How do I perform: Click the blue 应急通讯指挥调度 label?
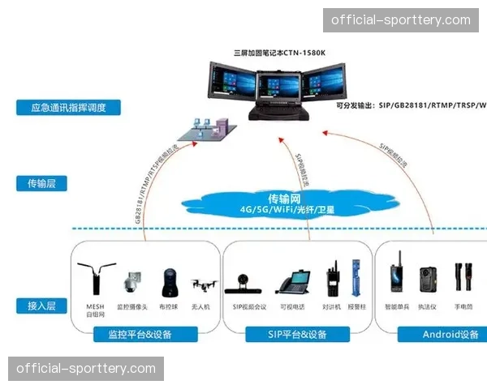click(69, 108)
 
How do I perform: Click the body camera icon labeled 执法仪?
click(428, 280)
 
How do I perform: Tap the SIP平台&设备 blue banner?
click(297, 334)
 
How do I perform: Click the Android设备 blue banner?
click(450, 334)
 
